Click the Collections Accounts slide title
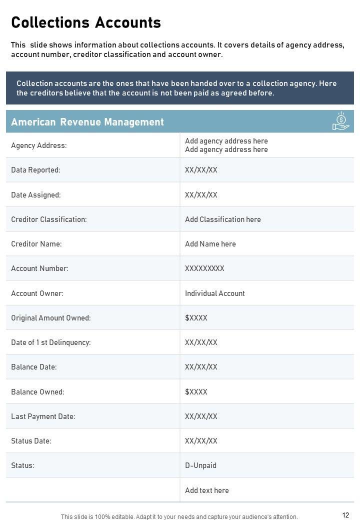[86, 22]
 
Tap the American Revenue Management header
[87, 122]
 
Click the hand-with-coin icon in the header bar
[340, 121]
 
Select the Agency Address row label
[39, 145]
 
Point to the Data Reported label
[35, 170]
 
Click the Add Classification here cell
[223, 219]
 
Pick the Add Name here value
[210, 244]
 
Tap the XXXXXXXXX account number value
[204, 268]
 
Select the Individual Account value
[215, 293]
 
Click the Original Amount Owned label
[51, 318]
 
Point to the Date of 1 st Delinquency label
[51, 342]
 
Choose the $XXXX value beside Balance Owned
[196, 392]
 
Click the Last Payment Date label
[43, 416]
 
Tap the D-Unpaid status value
[200, 465]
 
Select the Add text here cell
[207, 490]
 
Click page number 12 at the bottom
[346, 515]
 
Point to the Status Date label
[31, 441]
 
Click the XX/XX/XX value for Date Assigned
[201, 195]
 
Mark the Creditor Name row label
[36, 244]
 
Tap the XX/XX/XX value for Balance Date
[201, 367]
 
